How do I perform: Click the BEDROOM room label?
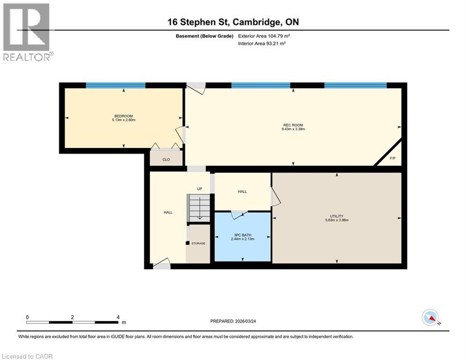(124, 116)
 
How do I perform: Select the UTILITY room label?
(337, 216)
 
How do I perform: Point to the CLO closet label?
(166, 159)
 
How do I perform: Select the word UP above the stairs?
(199, 189)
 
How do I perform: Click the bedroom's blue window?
(116, 85)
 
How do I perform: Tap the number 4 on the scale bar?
(118, 317)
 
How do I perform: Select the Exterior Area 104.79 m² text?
(267, 36)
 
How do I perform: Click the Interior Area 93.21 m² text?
(262, 43)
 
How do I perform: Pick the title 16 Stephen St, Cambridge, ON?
(233, 22)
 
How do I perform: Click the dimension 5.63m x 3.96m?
(337, 220)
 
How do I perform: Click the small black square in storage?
(187, 243)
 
